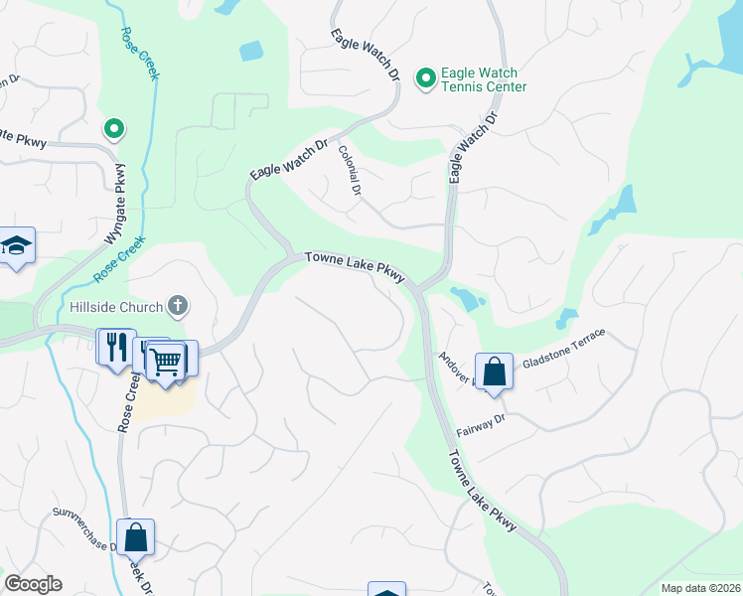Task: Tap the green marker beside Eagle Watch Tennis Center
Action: tap(426, 76)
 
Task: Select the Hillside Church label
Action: tap(116, 307)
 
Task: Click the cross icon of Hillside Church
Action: tap(179, 305)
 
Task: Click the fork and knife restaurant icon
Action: tap(115, 347)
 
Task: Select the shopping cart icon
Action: tap(167, 360)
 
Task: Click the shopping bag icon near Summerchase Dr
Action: tap(136, 537)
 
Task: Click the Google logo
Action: tap(33, 584)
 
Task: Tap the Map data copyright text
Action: tap(700, 588)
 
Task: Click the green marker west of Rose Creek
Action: tap(114, 128)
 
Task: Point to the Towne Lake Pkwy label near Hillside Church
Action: tap(354, 266)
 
